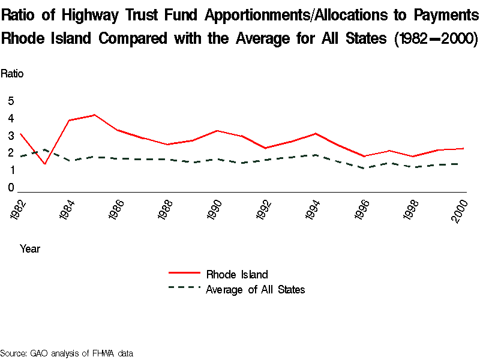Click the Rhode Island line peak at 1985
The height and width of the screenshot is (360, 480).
click(94, 115)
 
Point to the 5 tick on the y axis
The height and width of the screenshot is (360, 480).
click(11, 101)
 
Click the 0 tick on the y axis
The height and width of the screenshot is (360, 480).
click(11, 188)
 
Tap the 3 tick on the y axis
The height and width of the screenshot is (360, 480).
click(11, 136)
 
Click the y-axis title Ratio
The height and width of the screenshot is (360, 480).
click(12, 74)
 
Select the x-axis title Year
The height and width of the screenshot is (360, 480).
click(30, 248)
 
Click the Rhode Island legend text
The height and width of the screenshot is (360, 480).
click(236, 275)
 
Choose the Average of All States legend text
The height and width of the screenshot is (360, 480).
click(256, 290)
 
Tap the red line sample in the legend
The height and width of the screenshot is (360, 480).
click(184, 274)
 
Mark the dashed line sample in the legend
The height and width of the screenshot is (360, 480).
click(184, 288)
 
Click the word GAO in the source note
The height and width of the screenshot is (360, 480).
click(39, 353)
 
